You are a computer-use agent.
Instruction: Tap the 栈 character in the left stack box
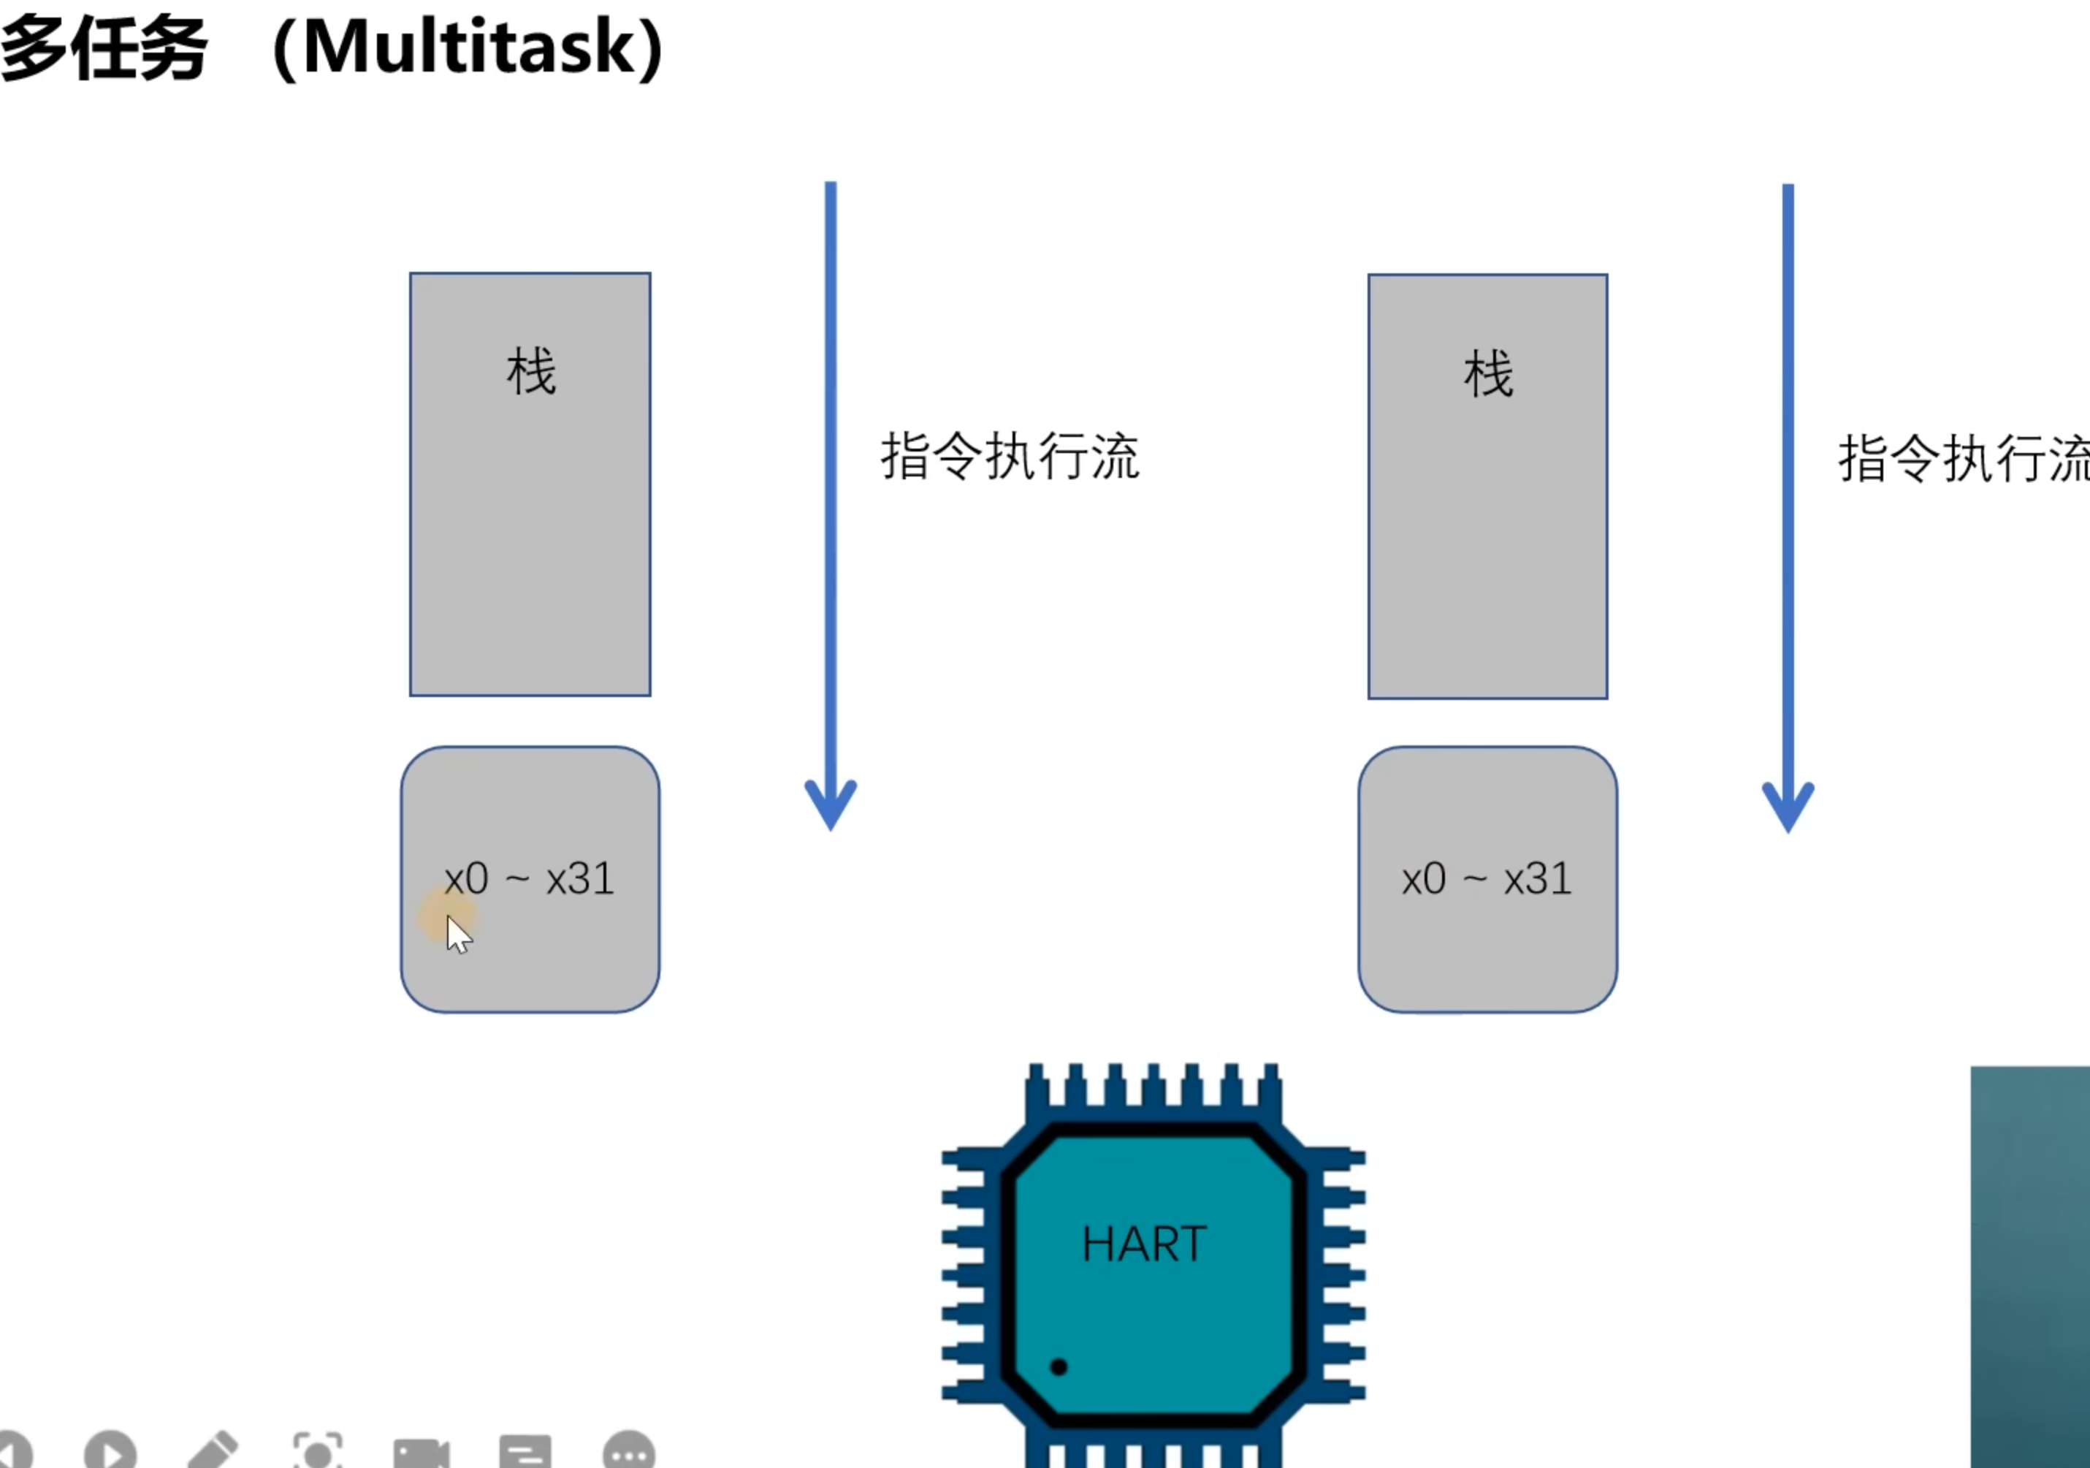530,371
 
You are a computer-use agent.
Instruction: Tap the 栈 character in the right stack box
1488,373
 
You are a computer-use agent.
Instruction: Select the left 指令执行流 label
1010,456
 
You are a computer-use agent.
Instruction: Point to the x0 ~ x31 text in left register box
529,880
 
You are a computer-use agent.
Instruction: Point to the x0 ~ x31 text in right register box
1487,880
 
